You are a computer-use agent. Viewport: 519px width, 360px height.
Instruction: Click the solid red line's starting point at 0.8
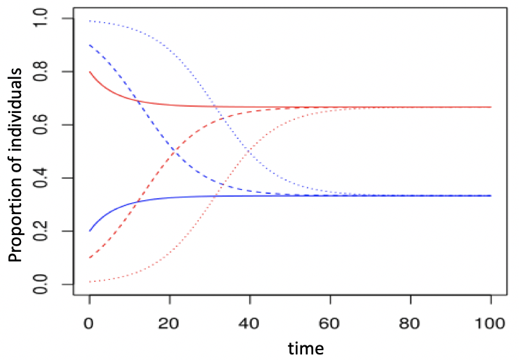[90, 72]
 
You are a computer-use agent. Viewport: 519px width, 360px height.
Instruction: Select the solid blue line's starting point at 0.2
[90, 231]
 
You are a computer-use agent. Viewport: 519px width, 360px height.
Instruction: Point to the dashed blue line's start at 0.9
[90, 45]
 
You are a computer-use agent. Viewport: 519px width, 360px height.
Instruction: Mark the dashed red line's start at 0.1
[90, 257]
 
